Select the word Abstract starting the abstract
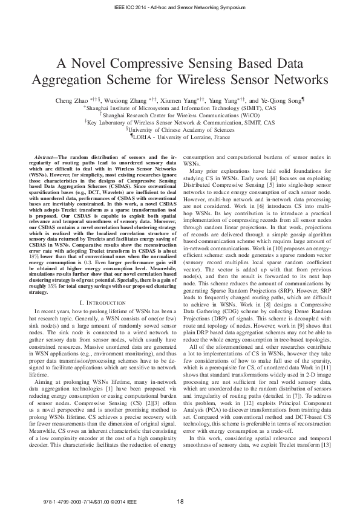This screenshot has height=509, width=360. pos(47,157)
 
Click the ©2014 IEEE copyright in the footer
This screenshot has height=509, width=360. pos(112,501)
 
